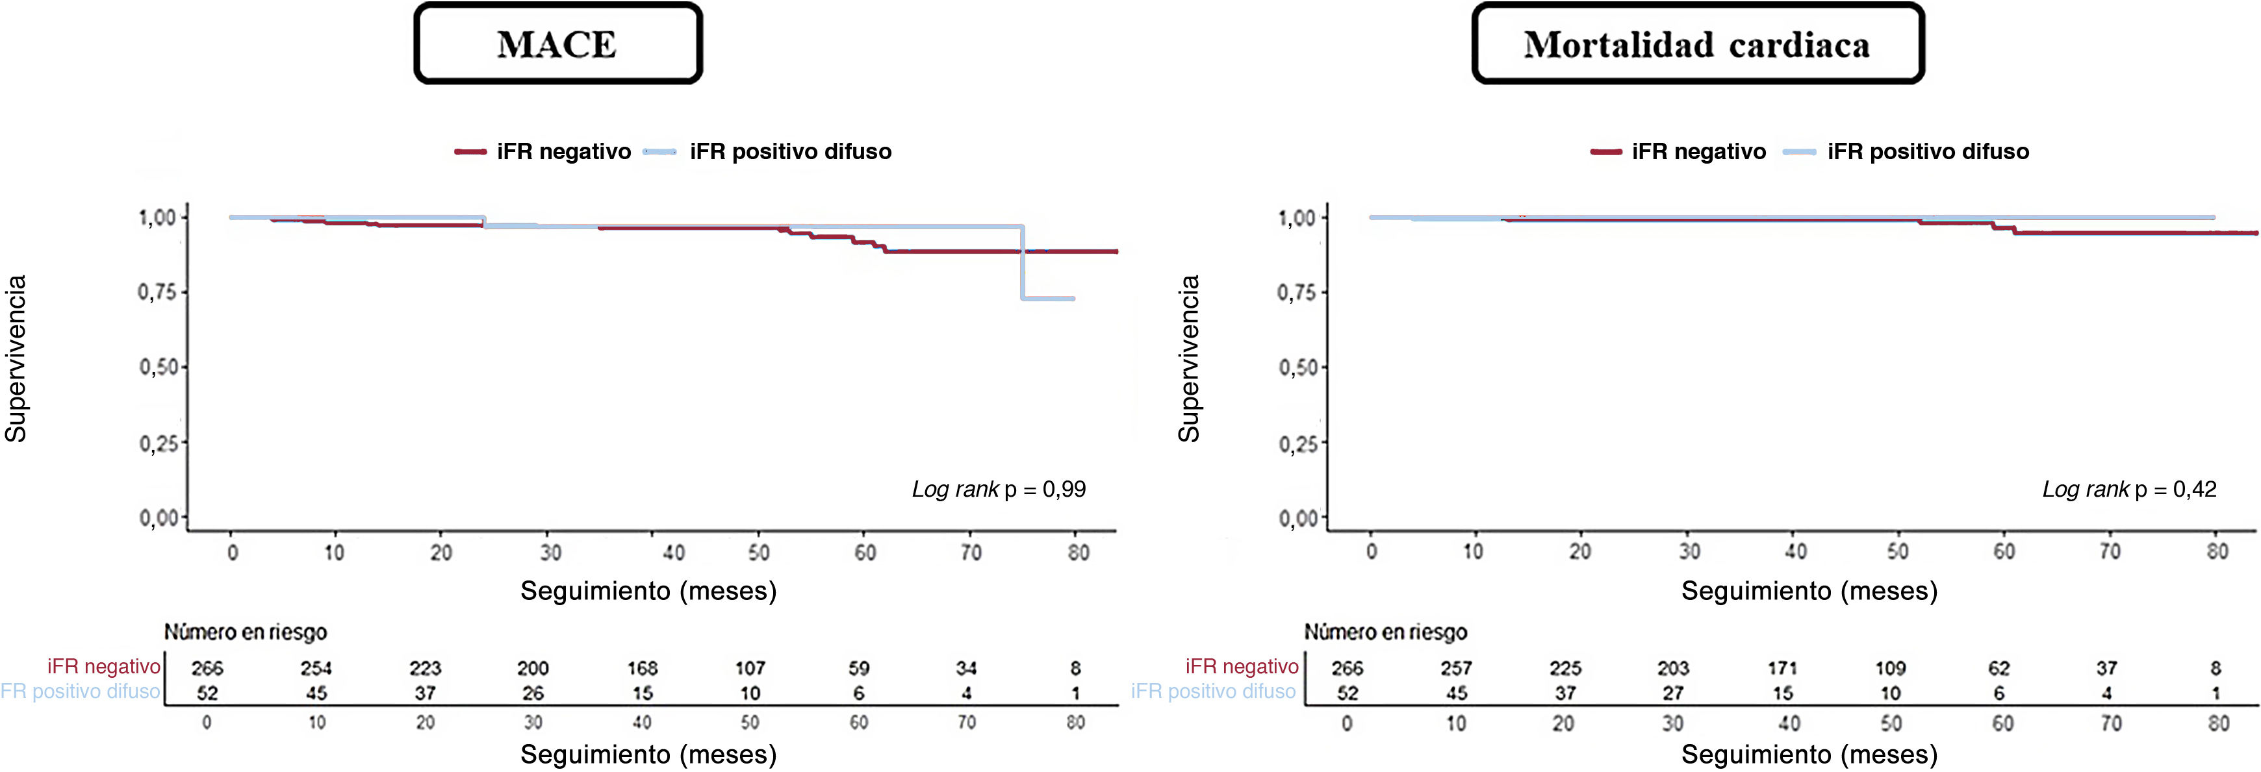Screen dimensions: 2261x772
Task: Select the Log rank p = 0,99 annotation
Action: coord(999,490)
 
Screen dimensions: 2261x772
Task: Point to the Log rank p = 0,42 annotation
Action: coord(2129,490)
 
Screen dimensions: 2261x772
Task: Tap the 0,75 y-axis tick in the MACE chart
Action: coord(158,292)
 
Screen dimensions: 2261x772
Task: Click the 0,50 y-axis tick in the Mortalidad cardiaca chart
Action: coord(1298,367)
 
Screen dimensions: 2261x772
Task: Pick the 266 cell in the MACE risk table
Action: coord(207,669)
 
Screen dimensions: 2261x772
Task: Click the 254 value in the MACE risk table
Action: coord(316,669)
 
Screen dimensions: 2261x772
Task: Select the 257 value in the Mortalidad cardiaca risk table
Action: coord(1456,669)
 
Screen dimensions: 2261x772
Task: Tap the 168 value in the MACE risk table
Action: coord(643,669)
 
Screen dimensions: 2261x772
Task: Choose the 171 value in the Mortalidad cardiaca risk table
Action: coord(1783,669)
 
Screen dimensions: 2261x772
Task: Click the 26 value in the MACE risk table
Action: coord(533,693)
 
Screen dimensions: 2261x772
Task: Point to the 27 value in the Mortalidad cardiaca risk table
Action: coord(1673,693)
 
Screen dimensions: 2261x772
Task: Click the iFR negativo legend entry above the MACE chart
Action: coord(543,152)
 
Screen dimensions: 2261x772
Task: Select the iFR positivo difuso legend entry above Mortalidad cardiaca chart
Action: coord(1906,152)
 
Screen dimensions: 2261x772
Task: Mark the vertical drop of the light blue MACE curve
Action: coord(1023,262)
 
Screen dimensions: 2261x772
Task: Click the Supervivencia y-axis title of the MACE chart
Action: coord(16,359)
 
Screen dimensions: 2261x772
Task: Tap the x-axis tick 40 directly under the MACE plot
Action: coord(673,553)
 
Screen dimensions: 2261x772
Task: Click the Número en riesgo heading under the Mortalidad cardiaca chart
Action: coord(1385,632)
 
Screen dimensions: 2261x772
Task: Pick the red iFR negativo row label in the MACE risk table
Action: coord(103,667)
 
